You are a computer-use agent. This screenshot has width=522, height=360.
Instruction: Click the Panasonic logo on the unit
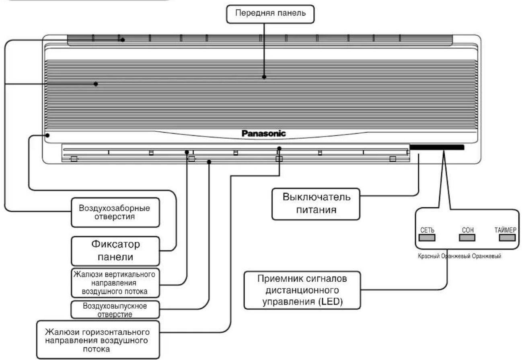[x=263, y=133]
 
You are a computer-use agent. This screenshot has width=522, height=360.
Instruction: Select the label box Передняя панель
[x=270, y=14]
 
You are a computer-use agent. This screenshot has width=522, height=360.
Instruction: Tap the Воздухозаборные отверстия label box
[x=115, y=213]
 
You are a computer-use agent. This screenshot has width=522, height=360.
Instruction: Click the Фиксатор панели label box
[x=115, y=251]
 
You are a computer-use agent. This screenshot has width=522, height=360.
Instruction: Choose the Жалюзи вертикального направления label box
[x=115, y=283]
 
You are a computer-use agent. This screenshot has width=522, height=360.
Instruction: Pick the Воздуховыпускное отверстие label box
[x=115, y=310]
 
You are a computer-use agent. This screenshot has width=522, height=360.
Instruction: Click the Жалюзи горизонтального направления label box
[x=98, y=340]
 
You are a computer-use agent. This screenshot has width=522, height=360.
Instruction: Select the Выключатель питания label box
[x=316, y=204]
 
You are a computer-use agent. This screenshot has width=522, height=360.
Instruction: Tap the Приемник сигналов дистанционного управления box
[x=302, y=290]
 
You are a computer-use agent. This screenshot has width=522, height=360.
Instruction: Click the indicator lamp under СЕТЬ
[x=427, y=238]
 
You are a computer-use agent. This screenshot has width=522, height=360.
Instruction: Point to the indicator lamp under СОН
[x=467, y=238]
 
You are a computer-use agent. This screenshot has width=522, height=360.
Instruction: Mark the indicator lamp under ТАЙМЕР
[x=507, y=238]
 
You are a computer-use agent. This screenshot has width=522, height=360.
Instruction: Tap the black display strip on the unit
[x=437, y=147]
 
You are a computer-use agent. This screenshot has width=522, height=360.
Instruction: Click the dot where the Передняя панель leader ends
[x=264, y=77]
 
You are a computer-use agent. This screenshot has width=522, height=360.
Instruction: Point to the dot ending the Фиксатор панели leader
[x=47, y=135]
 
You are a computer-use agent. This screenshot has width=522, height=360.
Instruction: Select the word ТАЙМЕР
[x=506, y=230]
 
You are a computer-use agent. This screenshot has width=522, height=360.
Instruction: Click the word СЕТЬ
[x=427, y=230]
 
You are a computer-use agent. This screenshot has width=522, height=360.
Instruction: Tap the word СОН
[x=468, y=230]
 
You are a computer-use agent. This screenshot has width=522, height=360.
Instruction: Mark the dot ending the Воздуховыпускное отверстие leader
[x=209, y=162]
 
